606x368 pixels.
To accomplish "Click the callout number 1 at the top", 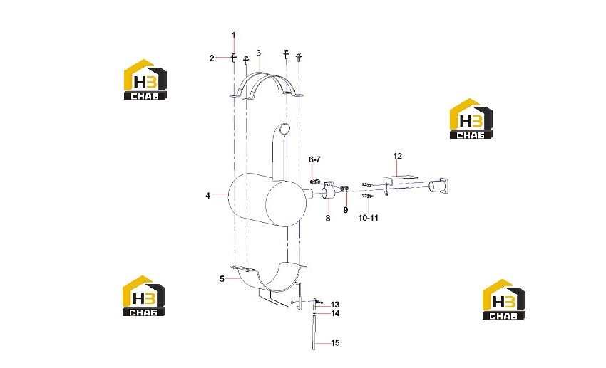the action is click(233, 35).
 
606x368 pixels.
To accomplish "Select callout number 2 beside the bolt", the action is click(212, 58).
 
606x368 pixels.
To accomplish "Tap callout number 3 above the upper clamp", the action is click(258, 53).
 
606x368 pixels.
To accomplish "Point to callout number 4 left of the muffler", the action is click(207, 196).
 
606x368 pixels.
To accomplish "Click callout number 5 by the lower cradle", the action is click(222, 278).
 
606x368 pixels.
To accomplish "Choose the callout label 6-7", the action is click(314, 159).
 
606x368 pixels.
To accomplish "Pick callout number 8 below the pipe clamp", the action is click(328, 219).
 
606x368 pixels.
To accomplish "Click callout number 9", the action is click(346, 210).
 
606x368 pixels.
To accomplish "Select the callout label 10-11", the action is click(368, 218).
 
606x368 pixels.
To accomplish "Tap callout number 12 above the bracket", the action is click(397, 156).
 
